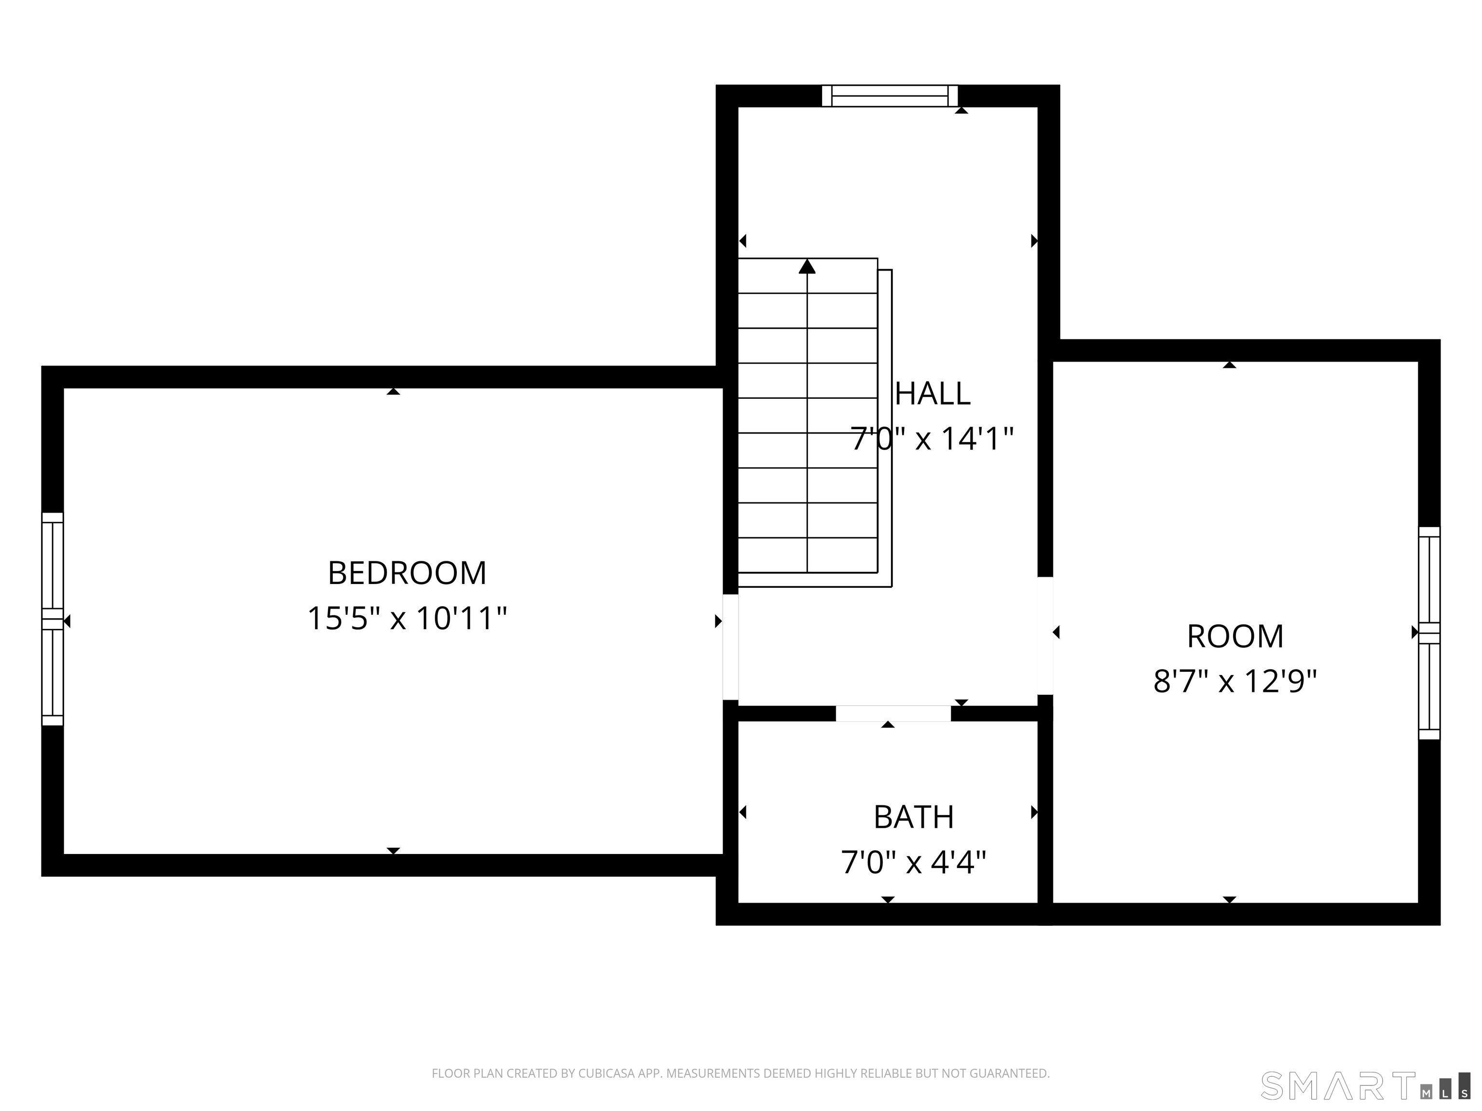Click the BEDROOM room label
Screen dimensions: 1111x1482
tap(407, 573)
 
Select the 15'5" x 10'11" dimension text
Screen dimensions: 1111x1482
tap(407, 618)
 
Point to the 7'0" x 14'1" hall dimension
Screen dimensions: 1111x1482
tap(931, 439)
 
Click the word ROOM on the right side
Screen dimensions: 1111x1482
tap(1235, 636)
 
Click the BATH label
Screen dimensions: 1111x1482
tap(913, 817)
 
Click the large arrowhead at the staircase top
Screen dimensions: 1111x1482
tap(807, 267)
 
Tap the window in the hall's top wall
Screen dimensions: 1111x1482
tap(890, 96)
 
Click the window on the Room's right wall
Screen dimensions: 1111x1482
tap(1429, 633)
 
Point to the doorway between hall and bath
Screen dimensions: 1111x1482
tap(892, 714)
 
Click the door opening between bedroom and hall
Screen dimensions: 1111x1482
tap(730, 647)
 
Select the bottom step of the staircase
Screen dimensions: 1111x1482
tap(807, 555)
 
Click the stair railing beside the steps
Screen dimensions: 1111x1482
tap(886, 429)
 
